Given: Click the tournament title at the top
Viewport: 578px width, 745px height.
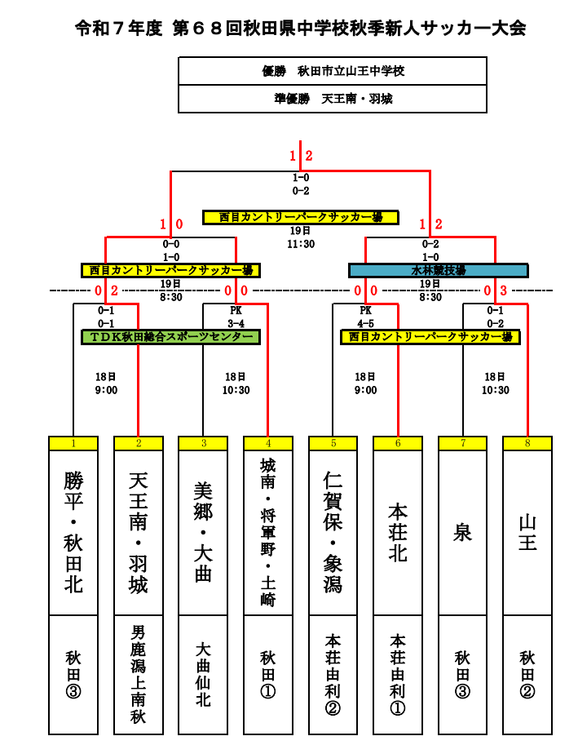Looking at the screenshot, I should click(x=300, y=29).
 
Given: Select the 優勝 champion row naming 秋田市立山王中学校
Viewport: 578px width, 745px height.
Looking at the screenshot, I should click(x=333, y=71).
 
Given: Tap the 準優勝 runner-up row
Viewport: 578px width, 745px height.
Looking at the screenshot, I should click(x=333, y=99).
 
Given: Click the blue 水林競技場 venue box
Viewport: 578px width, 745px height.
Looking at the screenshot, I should click(x=438, y=270).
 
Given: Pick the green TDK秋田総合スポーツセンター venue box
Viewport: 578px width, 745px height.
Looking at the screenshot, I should click(x=170, y=336).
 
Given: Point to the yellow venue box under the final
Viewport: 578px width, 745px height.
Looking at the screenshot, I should click(x=301, y=217).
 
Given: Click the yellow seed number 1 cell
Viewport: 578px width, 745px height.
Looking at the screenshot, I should click(x=73, y=443).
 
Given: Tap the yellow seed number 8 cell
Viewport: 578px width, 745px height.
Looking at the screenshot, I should click(x=527, y=443).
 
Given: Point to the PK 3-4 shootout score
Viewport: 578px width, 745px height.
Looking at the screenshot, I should click(x=236, y=317).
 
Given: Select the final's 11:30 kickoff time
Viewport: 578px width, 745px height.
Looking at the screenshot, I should click(x=301, y=243).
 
